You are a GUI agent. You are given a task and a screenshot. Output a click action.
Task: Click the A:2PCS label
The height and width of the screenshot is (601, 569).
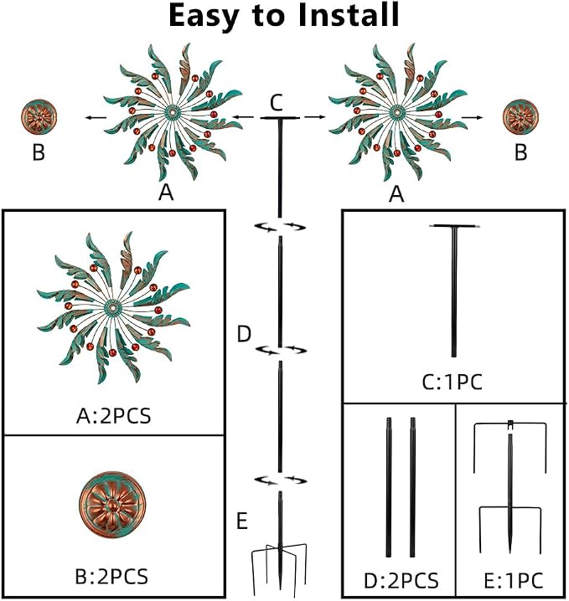click(114, 416)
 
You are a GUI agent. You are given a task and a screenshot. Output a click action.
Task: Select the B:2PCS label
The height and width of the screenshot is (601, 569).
click(111, 577)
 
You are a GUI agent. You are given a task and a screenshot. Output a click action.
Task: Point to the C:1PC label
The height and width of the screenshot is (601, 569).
click(452, 383)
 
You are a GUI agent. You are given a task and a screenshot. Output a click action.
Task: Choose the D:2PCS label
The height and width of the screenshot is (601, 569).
click(401, 581)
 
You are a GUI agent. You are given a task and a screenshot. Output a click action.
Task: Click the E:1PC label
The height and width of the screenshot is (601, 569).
click(514, 581)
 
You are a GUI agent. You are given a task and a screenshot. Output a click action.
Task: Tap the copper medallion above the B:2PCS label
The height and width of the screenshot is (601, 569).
click(112, 505)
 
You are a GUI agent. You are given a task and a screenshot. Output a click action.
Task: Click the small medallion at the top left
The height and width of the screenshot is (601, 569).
click(39, 117)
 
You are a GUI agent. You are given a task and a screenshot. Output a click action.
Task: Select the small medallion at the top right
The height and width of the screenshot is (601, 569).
click(520, 116)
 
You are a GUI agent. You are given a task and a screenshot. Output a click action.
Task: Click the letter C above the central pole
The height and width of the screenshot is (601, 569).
click(277, 102)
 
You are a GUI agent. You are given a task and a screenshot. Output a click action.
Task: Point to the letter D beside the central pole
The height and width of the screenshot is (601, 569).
click(244, 334)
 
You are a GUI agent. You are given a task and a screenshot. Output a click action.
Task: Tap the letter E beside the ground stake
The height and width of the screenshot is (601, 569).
click(241, 521)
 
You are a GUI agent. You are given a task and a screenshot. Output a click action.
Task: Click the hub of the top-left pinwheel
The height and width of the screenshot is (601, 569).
click(173, 112)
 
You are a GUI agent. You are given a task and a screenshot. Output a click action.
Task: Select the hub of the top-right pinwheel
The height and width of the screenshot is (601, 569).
click(397, 112)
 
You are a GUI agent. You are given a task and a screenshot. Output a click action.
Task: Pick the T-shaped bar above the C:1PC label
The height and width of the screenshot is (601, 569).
click(454, 291)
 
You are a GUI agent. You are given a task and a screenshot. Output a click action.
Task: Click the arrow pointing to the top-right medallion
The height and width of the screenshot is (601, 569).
click(472, 117)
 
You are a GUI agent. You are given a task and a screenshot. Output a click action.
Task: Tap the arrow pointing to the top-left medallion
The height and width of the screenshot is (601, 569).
click(96, 117)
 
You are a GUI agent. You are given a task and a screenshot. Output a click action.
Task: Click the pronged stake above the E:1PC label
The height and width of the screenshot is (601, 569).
click(510, 487)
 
